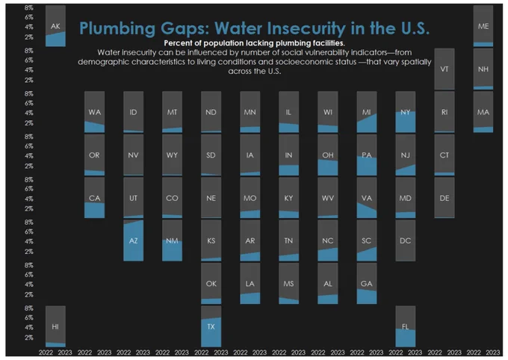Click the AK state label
click(x=55, y=26)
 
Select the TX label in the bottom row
click(x=211, y=326)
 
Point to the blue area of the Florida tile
click(x=406, y=338)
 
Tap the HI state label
click(x=55, y=326)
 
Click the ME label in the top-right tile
click(x=483, y=26)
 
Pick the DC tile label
click(x=406, y=240)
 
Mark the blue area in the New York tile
click(x=406, y=122)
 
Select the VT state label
click(x=444, y=69)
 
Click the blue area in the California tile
click(x=94, y=211)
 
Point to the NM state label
click(x=172, y=240)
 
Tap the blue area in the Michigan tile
click(x=368, y=124)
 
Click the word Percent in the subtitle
click(x=177, y=43)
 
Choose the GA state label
click(x=366, y=284)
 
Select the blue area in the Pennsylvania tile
click(x=366, y=167)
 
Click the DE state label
click(x=444, y=198)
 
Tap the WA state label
click(x=94, y=112)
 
